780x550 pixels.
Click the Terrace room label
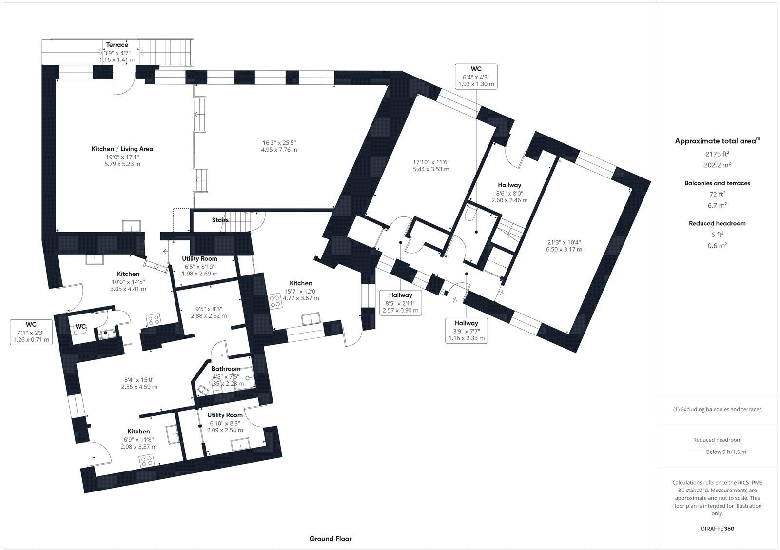tap(117, 45)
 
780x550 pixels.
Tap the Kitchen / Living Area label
tap(122, 149)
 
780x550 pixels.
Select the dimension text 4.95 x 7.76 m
tap(279, 150)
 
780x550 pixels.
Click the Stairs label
tap(220, 220)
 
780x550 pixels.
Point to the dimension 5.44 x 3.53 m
tap(430, 169)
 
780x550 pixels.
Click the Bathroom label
tap(226, 369)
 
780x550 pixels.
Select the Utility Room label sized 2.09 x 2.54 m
tap(225, 415)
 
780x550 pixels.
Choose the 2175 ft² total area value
tap(717, 153)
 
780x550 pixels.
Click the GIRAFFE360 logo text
tap(717, 529)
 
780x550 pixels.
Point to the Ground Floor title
tap(330, 539)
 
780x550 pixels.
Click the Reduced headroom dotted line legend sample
tap(694, 452)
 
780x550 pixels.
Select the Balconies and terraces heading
tap(717, 183)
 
